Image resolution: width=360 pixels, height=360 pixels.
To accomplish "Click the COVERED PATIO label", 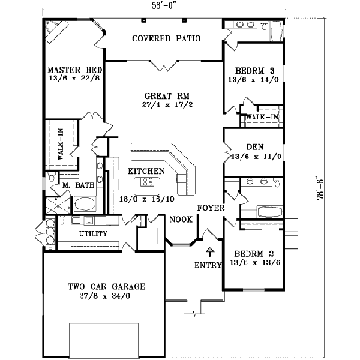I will (x=166, y=39).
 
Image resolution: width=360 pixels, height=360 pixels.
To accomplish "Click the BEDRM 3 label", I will (x=251, y=70).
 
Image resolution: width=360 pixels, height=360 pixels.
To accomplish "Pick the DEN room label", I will (x=255, y=147).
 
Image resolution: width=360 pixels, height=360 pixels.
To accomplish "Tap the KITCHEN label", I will (x=146, y=171).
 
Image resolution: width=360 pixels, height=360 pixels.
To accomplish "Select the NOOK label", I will (x=181, y=220).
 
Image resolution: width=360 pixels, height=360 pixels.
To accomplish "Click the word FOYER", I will (x=212, y=208).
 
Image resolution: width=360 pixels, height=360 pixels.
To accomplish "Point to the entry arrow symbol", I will (x=210, y=251).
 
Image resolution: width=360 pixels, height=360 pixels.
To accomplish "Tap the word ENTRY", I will (x=207, y=265).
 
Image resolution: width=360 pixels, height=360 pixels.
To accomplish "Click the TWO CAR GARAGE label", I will (x=106, y=286).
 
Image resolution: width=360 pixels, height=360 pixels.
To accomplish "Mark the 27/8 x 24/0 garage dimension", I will (x=106, y=296).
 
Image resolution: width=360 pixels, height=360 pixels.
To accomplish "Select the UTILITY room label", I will (x=93, y=233).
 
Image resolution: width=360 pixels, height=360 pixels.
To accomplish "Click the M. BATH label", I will (x=79, y=185).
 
